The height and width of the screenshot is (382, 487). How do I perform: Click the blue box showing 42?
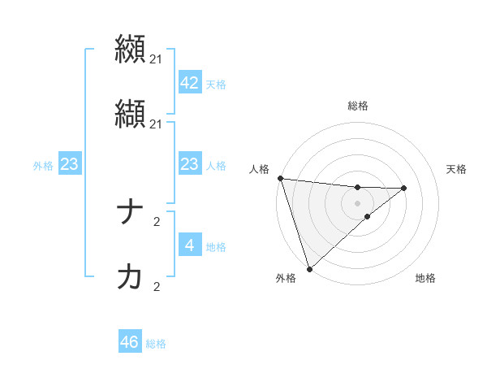tap(189, 83)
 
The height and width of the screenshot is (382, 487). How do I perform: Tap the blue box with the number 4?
tap(189, 245)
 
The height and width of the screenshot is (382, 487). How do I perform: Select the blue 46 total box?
tap(130, 342)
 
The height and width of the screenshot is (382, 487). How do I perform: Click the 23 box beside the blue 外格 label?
tap(69, 165)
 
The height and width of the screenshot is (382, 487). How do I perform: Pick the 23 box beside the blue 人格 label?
tap(189, 165)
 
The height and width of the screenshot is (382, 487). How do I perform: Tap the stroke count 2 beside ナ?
tap(157, 221)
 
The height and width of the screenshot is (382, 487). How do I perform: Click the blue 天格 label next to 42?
tap(216, 85)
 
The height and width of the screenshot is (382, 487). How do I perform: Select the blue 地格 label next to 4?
tap(216, 247)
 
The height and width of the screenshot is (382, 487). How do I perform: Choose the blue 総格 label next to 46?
tap(156, 344)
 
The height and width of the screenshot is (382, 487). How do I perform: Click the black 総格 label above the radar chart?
tap(358, 106)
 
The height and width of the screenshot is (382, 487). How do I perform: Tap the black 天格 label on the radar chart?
tap(457, 169)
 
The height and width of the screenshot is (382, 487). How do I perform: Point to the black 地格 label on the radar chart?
tap(425, 278)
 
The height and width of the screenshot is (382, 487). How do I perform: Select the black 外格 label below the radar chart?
tap(286, 278)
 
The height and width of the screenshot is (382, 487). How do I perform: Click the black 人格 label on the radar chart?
tap(259, 169)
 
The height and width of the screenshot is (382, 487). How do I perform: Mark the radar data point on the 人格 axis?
tap(280, 178)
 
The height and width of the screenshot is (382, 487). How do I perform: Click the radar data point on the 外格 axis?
tap(309, 268)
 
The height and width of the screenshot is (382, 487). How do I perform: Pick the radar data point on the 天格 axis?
tap(404, 188)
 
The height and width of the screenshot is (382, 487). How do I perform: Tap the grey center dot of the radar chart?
tap(357, 202)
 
